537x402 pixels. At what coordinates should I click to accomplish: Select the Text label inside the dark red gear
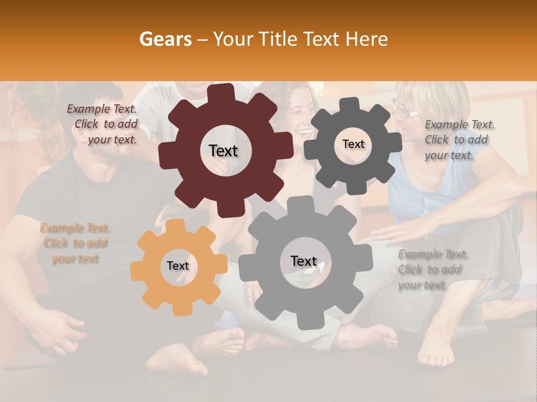pos(223,151)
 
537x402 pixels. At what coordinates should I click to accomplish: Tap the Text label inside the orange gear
pos(178,266)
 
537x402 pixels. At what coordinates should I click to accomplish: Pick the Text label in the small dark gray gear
pos(353,144)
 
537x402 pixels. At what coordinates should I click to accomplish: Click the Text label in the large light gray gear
pos(303,261)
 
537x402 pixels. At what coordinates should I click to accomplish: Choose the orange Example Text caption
pos(75,243)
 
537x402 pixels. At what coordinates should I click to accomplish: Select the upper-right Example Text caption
pos(459,140)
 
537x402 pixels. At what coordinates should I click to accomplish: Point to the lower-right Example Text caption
pos(432,270)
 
